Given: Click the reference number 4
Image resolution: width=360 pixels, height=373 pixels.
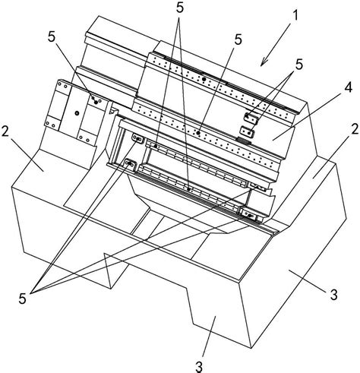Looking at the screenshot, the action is point(348,87).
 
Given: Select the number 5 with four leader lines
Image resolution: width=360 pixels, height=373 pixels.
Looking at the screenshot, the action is point(22,299).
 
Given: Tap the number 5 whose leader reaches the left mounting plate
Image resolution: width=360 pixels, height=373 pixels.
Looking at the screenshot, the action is point(51,37).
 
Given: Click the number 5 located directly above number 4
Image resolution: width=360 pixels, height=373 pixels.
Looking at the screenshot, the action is point(299,65).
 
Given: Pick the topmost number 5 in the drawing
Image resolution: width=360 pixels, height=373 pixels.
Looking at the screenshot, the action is point(179,8).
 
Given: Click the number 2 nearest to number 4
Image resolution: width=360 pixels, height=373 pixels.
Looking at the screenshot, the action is point(355,129).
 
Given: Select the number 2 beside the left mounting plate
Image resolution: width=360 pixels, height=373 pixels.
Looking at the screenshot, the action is point(6,131).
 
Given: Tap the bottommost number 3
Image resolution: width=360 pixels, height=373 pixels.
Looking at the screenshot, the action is point(199,367).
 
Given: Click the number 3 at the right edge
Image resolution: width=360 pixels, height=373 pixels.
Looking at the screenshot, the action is point(333,295).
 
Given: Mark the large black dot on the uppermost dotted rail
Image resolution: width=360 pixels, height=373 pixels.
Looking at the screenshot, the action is point(204,79).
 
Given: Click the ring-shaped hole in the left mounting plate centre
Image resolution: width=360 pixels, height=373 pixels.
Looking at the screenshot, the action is point(77,112).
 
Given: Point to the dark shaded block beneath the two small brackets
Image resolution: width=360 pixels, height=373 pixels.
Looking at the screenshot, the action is point(244,141).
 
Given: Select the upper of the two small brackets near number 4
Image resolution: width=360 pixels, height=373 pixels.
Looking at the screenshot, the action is point(251,118).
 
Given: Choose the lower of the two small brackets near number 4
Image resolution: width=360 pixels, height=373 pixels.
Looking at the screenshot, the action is point(247,131).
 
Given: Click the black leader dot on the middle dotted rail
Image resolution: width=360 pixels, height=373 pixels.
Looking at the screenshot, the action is point(198,132).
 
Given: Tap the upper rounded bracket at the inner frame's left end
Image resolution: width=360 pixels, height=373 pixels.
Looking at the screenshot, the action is point(137,139).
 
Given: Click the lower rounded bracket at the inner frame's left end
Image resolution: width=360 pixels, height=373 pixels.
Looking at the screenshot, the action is point(131,164).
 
